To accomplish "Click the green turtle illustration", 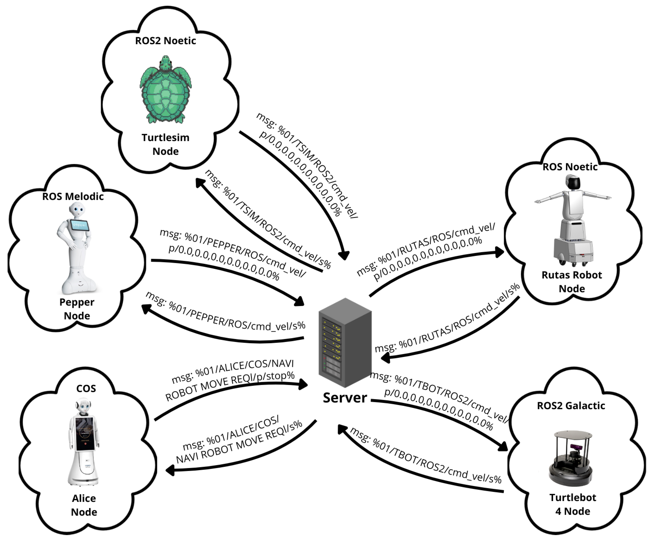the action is tap(165, 90).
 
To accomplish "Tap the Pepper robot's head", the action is tap(77, 210).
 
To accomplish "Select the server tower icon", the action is tap(345, 342).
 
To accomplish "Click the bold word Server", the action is tap(345, 398).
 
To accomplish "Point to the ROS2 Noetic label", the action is tap(165, 41).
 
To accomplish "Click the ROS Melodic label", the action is tap(73, 196).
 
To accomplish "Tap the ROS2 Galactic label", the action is tap(571, 405).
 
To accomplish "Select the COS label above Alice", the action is tap(86, 388).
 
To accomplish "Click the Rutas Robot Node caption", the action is tap(572, 282).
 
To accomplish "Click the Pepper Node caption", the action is tap(77, 309).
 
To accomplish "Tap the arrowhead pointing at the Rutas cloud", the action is tap(499, 252).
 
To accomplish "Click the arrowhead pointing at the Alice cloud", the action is tap(170, 471).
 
